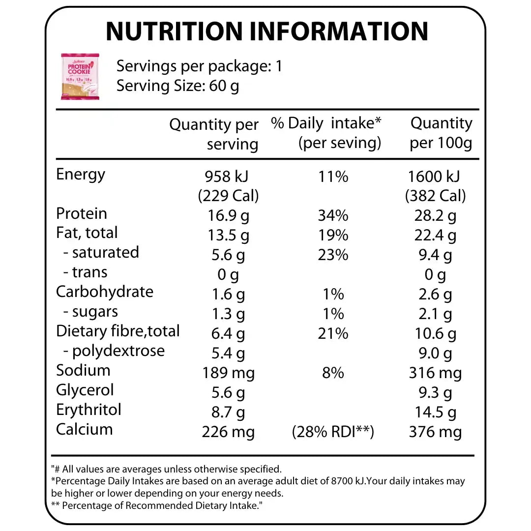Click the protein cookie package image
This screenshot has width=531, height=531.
coord(80,77)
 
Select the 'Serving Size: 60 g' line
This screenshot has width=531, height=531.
coord(178,86)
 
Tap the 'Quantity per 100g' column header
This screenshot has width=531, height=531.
coord(441,133)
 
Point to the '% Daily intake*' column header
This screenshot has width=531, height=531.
coord(326,133)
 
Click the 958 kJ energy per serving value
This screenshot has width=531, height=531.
coord(228,176)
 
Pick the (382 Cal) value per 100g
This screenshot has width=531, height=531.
coord(435,196)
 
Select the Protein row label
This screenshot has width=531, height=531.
coord(82,213)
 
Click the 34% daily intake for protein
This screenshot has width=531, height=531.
coord(333,215)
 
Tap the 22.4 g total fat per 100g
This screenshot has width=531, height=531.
coord(435,235)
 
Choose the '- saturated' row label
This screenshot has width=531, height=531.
coord(101,252)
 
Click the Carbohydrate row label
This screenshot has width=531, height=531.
coord(105,292)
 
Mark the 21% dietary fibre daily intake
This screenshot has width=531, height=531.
coord(333,333)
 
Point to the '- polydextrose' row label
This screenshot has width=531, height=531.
coord(114,351)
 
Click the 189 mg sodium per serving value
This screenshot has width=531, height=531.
coord(228,373)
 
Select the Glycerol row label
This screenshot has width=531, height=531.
coord(85,390)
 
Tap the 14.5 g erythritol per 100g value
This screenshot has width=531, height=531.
coord(435,412)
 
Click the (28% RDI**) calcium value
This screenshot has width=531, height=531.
coord(333,432)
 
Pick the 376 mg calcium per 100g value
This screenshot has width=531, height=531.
coord(435,432)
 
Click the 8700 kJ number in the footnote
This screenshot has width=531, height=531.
coord(348,481)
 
